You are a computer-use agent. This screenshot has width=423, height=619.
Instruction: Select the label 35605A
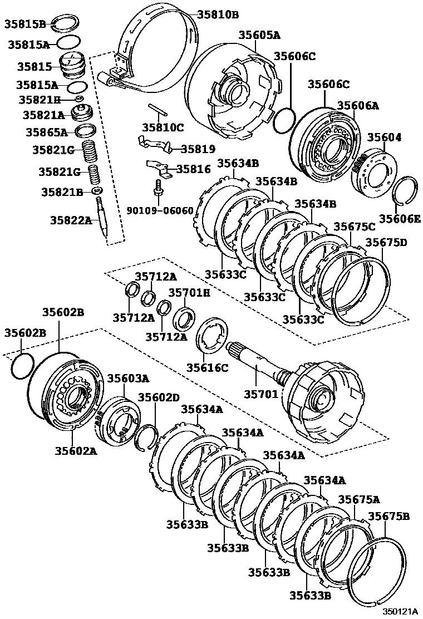pos(259,35)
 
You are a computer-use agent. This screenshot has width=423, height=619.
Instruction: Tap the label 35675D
pos(386,242)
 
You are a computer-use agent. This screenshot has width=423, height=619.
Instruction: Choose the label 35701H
pos(189,292)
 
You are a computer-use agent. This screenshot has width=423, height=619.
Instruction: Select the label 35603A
pos(128,378)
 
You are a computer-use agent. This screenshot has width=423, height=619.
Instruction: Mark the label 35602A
pos(76,450)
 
